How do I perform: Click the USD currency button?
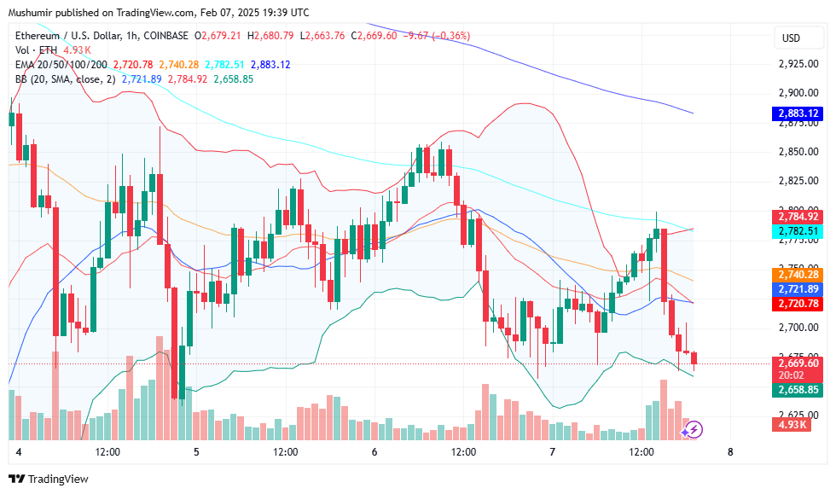click(791, 38)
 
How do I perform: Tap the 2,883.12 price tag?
click(798, 113)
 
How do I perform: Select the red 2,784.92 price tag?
click(798, 216)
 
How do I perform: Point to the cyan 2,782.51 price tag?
click(798, 231)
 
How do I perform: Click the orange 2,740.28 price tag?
click(798, 274)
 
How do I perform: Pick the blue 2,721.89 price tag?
click(798, 289)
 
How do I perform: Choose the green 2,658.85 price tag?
click(798, 390)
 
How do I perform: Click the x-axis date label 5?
click(196, 451)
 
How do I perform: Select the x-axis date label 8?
click(730, 451)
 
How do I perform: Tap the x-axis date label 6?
click(374, 451)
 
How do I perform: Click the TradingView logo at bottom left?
click(48, 479)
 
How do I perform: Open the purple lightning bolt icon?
click(694, 430)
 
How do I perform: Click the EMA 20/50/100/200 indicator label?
click(61, 65)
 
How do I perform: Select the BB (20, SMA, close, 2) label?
click(65, 79)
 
